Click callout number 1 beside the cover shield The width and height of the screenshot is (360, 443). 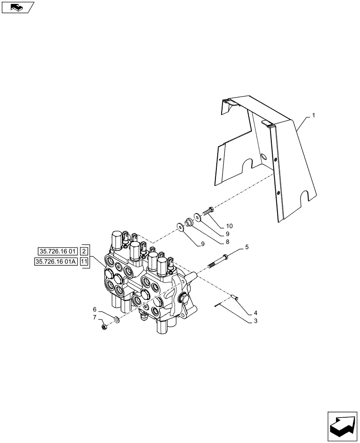(313, 115)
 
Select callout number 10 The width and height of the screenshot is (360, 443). (229, 226)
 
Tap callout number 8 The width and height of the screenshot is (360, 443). (227, 242)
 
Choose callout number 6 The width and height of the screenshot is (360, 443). (94, 309)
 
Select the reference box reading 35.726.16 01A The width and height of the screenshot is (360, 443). (56, 262)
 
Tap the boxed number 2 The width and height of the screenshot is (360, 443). (85, 251)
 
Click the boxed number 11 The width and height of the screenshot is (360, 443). (84, 262)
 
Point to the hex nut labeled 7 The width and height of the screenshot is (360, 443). (104, 327)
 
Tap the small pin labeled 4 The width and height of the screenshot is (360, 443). (236, 298)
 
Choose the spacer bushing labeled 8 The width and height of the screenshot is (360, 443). (189, 221)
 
